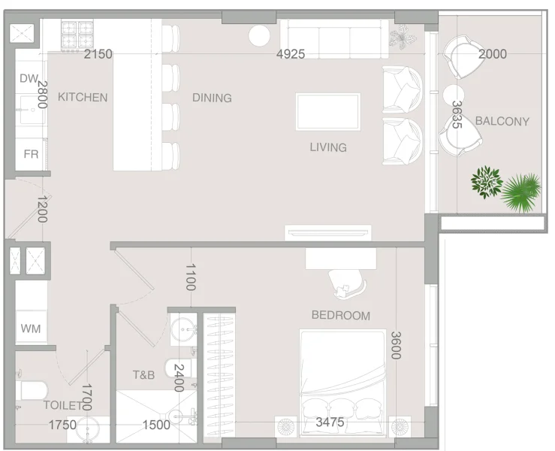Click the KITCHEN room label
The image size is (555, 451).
83,97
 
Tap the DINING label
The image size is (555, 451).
212,98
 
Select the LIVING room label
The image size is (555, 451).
328,147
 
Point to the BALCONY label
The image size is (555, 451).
502,121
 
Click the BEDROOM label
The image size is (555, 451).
340,316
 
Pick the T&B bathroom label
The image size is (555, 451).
143,374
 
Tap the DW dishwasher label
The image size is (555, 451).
28,79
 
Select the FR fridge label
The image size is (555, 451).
31,154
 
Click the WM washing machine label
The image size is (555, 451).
31,328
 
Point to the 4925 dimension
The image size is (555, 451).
291,54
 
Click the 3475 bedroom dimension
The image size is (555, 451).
330,422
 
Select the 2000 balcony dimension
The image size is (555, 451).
493,54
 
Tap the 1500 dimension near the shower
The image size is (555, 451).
156,425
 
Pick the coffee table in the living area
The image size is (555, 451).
327,111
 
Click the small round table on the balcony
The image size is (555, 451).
454,95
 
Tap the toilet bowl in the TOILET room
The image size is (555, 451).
32,391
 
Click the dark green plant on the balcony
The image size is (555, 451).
487,182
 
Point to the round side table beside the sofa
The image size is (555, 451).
260,35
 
